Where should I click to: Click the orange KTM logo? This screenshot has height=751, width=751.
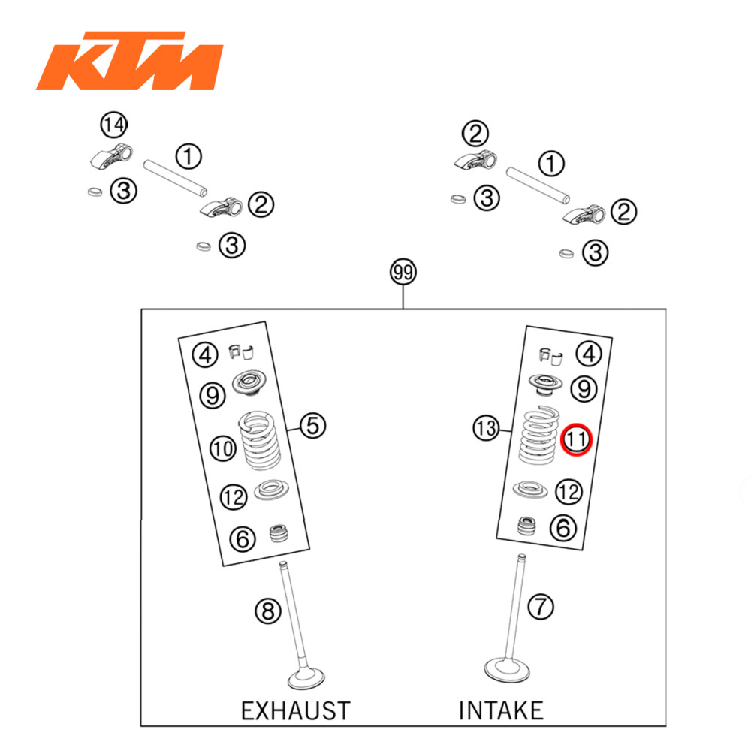129,61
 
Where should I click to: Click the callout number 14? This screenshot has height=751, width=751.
114,125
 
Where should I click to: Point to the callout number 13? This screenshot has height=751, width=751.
486,430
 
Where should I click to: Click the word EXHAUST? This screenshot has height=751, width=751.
295,710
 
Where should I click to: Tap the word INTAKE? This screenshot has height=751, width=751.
501,710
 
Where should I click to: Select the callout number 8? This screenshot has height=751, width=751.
266,612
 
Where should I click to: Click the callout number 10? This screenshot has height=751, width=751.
222,449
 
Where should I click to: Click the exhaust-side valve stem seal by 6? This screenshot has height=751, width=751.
279,535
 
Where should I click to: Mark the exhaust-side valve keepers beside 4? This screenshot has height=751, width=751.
241,350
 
